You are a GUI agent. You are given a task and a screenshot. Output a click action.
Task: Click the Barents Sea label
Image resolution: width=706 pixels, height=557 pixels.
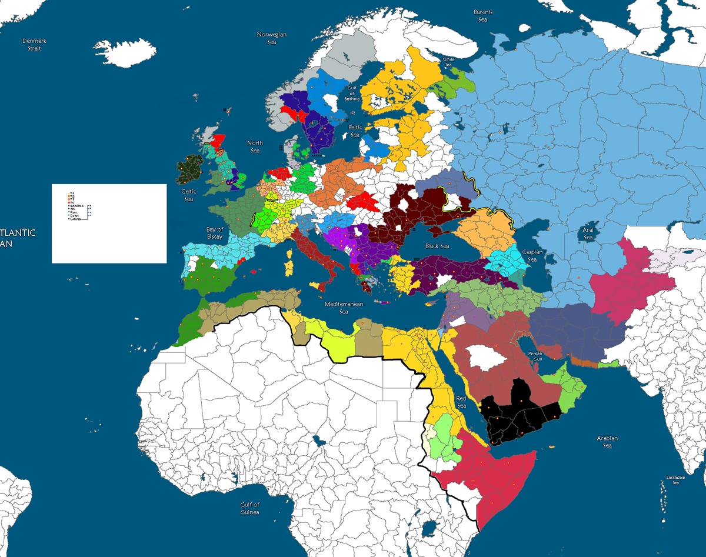click(x=483, y=16)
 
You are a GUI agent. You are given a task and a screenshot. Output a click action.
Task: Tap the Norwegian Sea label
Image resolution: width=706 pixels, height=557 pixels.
click(x=272, y=38)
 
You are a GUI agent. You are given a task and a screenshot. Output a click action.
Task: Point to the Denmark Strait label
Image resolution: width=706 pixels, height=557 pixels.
click(x=35, y=45)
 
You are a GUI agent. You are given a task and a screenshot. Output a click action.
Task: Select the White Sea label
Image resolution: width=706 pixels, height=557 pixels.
click(x=449, y=62)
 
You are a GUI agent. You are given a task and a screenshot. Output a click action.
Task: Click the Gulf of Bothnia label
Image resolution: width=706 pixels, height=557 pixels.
click(x=352, y=93)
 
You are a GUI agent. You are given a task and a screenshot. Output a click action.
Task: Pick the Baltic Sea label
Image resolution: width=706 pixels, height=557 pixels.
click(x=355, y=131)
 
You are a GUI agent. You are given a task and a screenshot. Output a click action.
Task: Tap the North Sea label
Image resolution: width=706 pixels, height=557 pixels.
click(x=255, y=146)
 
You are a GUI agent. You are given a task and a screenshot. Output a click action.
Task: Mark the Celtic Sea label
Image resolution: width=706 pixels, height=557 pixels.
click(x=189, y=195)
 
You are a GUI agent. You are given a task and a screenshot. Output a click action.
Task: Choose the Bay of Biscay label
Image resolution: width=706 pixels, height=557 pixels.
click(x=215, y=233)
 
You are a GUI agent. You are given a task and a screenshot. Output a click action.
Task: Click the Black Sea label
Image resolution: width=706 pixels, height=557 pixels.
click(x=436, y=246)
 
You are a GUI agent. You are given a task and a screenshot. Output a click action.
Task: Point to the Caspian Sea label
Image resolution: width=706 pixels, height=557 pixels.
click(x=532, y=256)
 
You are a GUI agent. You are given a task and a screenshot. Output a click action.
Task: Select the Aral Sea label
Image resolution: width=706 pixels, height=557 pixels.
click(x=587, y=234)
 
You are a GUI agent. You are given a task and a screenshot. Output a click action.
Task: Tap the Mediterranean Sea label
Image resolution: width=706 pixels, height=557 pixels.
click(x=344, y=308)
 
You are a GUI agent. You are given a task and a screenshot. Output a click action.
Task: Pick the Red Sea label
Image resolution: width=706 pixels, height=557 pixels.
click(x=461, y=402)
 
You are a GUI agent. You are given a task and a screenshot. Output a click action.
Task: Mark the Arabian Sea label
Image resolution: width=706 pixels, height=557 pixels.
click(x=607, y=442)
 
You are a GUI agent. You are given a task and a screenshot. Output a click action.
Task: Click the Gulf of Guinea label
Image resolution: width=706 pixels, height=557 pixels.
click(x=249, y=508)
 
